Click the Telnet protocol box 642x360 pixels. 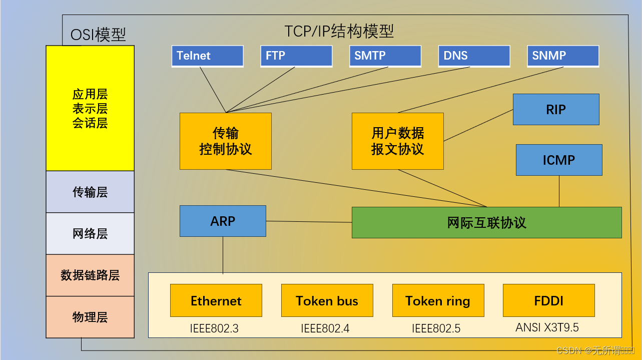tap(207, 56)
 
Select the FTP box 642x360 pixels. tap(296, 56)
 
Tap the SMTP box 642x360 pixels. tap(385, 56)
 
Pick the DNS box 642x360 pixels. tap(474, 56)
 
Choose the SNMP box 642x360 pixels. tap(563, 56)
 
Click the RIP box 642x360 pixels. tap(556, 110)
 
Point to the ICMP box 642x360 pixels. tap(559, 160)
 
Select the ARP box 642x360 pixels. tap(223, 221)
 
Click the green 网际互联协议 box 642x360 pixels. tap(486, 223)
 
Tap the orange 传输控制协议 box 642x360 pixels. tap(226, 141)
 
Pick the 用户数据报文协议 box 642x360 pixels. tap(397, 141)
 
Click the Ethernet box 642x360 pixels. tap(216, 301)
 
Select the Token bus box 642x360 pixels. tap(327, 301)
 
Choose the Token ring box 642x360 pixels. tap(438, 301)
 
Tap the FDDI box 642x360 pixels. tap(548, 301)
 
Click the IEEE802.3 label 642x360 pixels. tap(214, 328)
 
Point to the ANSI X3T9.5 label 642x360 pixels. tap(547, 327)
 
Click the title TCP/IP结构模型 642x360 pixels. tap(339, 31)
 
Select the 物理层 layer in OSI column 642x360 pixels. tap(90, 317)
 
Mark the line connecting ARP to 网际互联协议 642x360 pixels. tap(309, 222)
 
